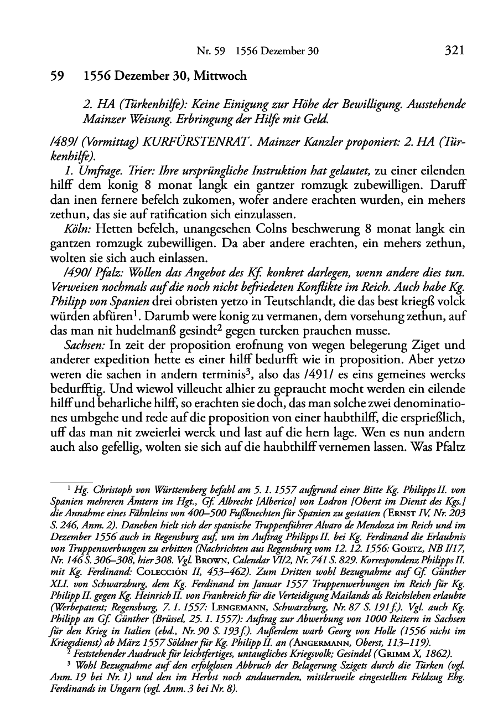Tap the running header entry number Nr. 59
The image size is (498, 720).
(209, 52)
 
